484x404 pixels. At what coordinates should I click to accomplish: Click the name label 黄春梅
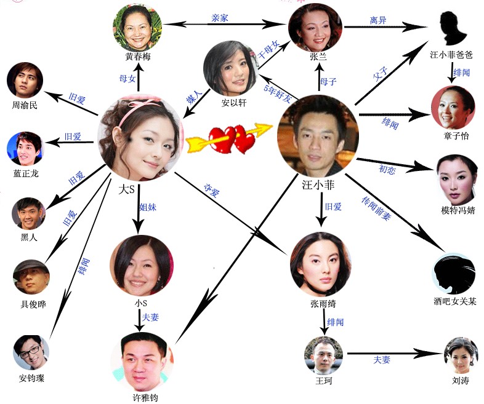(x=138, y=57)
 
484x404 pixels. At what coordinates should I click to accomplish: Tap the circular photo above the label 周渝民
(x=25, y=80)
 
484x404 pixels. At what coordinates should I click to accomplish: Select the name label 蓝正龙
(x=25, y=173)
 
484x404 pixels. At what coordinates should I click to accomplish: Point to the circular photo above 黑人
(x=28, y=213)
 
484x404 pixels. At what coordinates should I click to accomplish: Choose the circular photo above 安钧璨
(x=31, y=352)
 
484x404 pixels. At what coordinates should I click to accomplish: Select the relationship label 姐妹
(x=148, y=207)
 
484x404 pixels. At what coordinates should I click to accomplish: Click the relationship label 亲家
(x=219, y=18)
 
